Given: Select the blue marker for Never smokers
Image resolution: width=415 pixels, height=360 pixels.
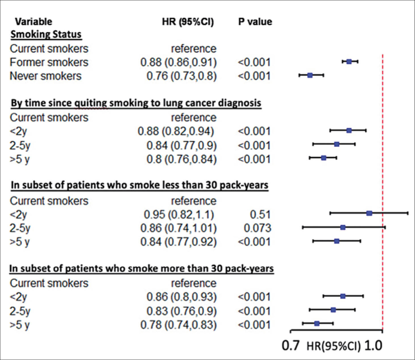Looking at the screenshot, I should point(310,75).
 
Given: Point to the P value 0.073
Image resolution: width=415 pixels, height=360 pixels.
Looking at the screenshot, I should point(258,228).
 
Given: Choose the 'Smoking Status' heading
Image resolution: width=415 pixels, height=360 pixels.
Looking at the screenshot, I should point(46,34).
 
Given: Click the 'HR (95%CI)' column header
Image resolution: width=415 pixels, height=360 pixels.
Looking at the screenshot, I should point(188,22).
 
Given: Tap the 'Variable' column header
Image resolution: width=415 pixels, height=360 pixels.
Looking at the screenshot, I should point(34,22).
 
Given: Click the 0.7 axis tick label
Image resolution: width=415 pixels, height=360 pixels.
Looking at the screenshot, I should point(291,346).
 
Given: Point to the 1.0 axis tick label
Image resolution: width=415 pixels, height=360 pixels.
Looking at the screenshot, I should point(373,346).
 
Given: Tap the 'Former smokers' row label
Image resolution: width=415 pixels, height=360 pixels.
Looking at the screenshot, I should point(49,62).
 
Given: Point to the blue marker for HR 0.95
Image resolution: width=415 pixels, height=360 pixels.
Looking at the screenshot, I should point(369,213).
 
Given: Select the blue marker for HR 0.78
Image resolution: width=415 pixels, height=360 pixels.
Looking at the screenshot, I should point(317,323).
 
